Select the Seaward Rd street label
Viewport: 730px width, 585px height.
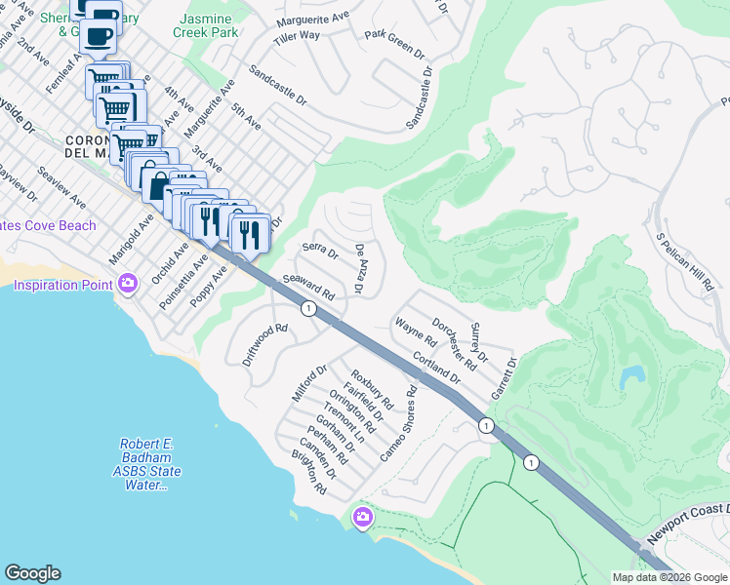(309, 286)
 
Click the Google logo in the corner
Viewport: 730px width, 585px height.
(32, 573)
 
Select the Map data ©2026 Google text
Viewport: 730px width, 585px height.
(669, 577)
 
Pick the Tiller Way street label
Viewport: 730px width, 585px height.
(297, 36)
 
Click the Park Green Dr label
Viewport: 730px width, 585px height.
(394, 43)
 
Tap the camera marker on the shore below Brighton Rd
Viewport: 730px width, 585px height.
(362, 516)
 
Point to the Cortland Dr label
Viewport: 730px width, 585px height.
(435, 365)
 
